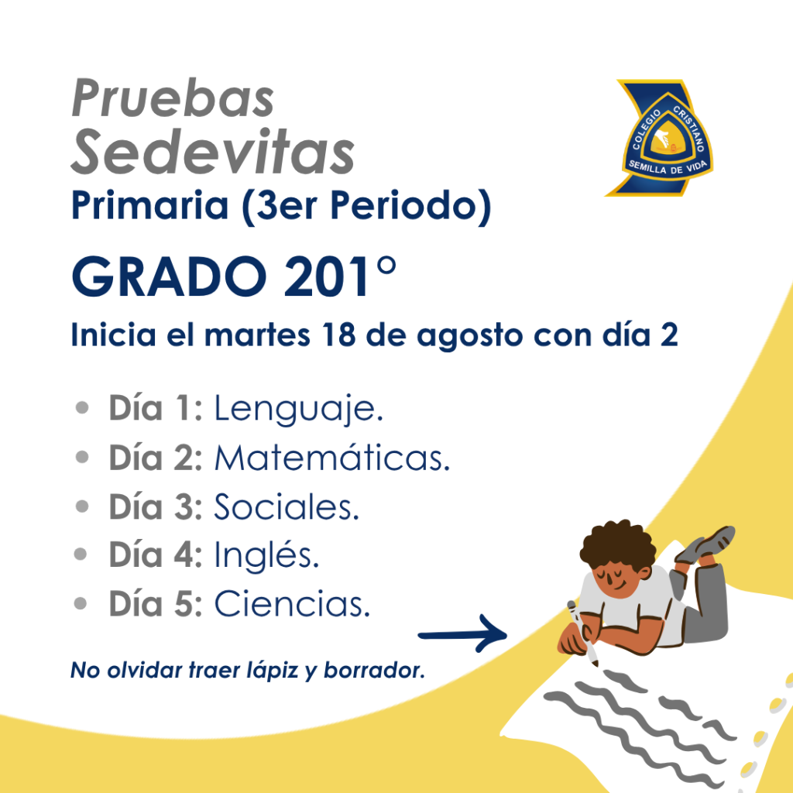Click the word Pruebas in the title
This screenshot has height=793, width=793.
[173, 98]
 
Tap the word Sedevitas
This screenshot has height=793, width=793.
[212, 152]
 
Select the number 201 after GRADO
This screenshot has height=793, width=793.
[327, 276]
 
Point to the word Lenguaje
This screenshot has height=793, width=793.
[298, 409]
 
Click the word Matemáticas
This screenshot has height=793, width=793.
[332, 458]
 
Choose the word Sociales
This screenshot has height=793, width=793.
[287, 506]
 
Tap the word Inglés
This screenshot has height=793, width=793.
[266, 555]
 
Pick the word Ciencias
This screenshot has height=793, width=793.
[292, 604]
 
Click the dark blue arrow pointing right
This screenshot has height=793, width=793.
[462, 634]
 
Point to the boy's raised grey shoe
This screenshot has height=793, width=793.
[706, 544]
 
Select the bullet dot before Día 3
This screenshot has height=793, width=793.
[81, 506]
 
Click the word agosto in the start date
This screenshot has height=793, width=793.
[470, 336]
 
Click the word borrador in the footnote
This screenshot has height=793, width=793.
[374, 670]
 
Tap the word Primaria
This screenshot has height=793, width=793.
[150, 205]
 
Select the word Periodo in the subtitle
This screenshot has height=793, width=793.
[403, 205]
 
